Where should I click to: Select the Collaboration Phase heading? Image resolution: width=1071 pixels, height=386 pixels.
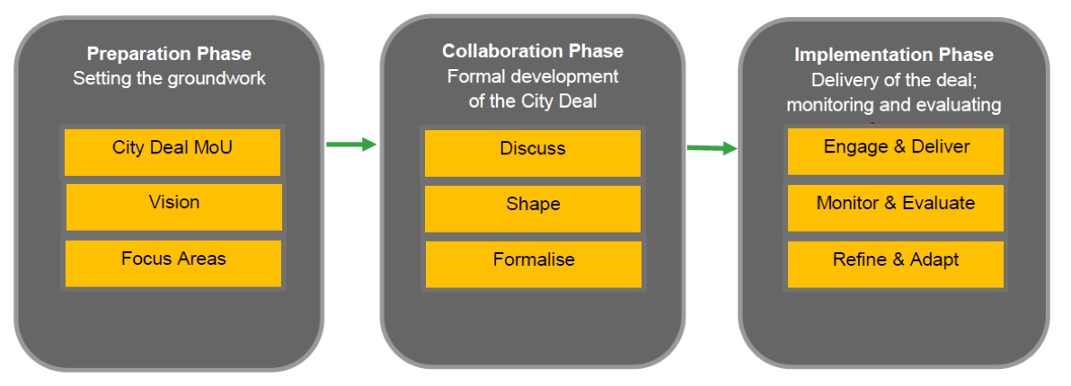533,51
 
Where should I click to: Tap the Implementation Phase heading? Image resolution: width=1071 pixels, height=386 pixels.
894,55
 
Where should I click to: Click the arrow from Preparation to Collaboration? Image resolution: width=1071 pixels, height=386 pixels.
350,144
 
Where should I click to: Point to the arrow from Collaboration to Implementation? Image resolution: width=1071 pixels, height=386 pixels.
711,148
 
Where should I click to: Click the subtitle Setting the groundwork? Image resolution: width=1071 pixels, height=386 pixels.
169,79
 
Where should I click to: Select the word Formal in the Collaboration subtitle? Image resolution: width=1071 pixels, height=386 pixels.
474,75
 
